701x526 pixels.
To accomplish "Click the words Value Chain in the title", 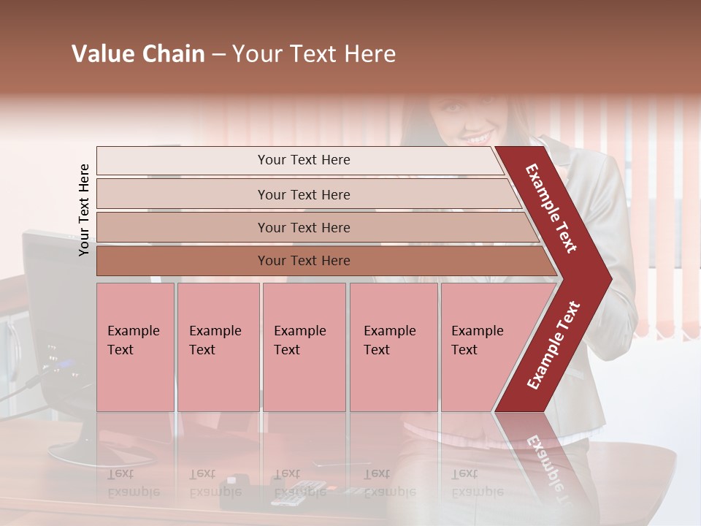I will pyautogui.click(x=138, y=54).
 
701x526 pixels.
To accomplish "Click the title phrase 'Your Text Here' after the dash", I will pyautogui.click(x=314, y=54).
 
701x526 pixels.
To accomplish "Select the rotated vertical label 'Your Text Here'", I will pyautogui.click(x=84, y=210).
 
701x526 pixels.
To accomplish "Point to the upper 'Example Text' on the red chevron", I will pyautogui.click(x=551, y=208).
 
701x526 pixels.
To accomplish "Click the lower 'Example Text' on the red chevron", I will pyautogui.click(x=553, y=345).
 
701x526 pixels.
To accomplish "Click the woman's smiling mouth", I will pyautogui.click(x=478, y=137).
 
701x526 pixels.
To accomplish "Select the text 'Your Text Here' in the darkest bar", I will pyautogui.click(x=304, y=261).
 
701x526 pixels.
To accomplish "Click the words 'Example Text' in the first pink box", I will pyautogui.click(x=133, y=340).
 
